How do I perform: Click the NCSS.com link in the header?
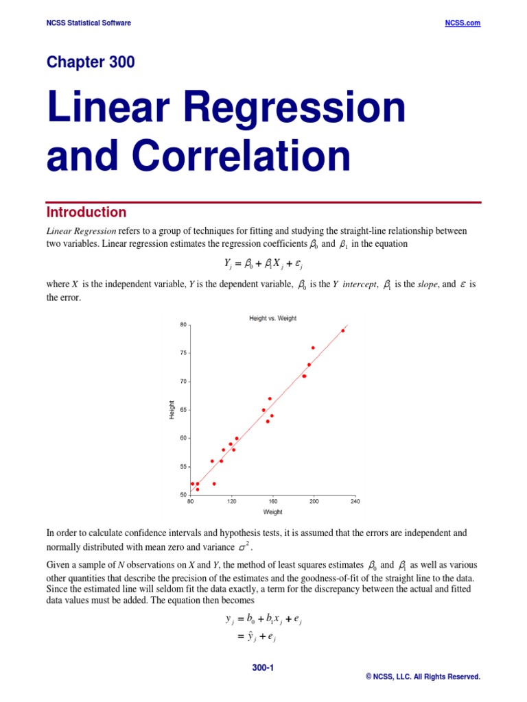point(462,23)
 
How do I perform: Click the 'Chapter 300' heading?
point(91,62)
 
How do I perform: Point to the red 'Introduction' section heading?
point(86,213)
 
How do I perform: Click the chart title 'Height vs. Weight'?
point(272,318)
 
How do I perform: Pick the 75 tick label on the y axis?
point(183,353)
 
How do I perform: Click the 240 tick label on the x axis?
point(355,501)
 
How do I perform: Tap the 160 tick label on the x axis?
point(272,501)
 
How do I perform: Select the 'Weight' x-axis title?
point(272,512)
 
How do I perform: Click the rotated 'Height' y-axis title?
point(172,410)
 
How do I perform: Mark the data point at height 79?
point(343,330)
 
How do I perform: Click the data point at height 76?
point(313,348)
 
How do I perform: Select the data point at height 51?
point(198,489)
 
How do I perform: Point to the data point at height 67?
point(270,398)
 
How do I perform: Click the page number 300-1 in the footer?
point(263,666)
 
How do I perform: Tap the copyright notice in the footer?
point(423,677)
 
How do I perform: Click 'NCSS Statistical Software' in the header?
point(89,23)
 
